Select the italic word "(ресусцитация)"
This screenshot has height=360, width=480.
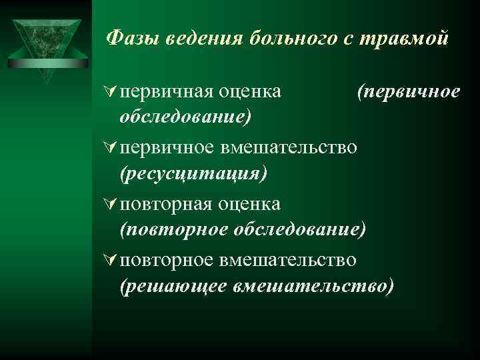193,173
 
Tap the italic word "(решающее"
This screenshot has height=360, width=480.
173,286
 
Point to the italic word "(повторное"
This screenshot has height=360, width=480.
175,230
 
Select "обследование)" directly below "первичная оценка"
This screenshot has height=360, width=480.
185,117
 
